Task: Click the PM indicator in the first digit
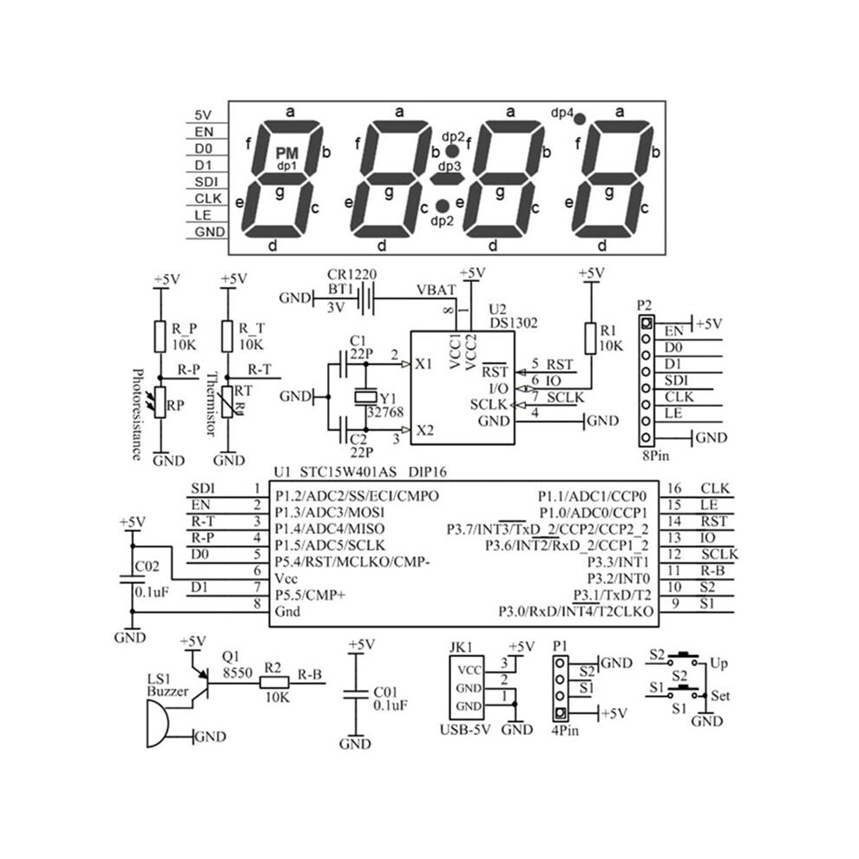tap(287, 153)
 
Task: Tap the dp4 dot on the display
tap(580, 118)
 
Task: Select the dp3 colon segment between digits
tap(448, 179)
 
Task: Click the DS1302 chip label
tap(514, 323)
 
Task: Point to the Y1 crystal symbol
tap(366, 396)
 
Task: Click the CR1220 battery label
tap(351, 274)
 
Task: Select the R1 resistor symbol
tap(591, 338)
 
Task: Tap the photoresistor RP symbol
tap(160, 403)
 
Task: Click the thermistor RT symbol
tap(227, 402)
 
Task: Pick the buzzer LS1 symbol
tap(157, 725)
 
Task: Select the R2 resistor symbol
tap(274, 683)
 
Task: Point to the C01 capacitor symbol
tap(356, 695)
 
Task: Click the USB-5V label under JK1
tap(466, 730)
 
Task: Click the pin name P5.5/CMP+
tap(311, 595)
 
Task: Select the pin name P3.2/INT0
tap(619, 579)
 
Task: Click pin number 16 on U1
tap(674, 489)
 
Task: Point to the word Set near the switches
tap(720, 696)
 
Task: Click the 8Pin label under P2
tap(656, 456)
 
